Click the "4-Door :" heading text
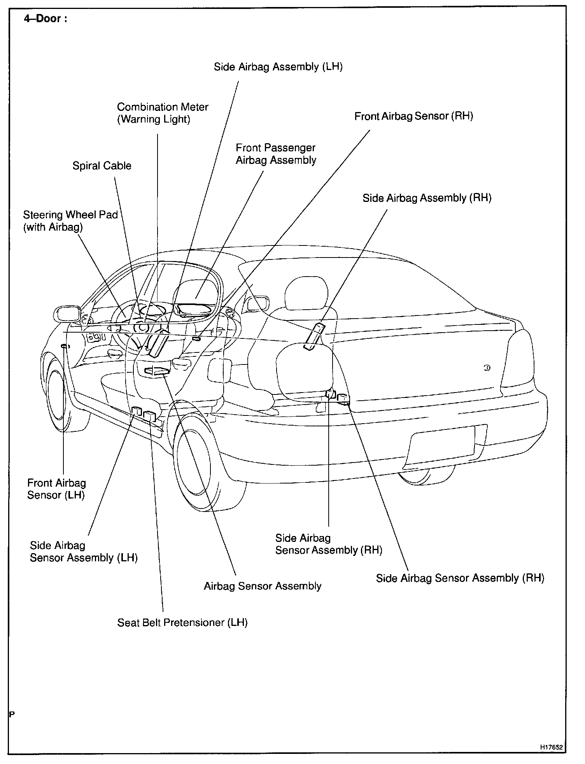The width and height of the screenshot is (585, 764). [x=45, y=19]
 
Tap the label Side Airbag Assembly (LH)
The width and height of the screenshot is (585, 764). [x=278, y=67]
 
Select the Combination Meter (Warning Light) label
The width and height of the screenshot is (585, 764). [x=163, y=113]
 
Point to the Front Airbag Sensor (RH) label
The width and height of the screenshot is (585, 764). [x=413, y=116]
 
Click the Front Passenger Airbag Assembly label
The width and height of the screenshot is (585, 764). [x=276, y=154]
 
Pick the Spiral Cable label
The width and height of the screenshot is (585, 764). [x=102, y=166]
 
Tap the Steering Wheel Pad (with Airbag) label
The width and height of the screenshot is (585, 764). [x=70, y=221]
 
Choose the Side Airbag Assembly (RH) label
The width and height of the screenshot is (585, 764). [x=427, y=198]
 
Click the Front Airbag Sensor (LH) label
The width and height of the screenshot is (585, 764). [x=56, y=489]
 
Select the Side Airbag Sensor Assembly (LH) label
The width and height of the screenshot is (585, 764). [x=84, y=552]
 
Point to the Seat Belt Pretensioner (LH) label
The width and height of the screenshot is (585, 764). [x=182, y=622]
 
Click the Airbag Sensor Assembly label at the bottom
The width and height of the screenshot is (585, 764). [x=263, y=586]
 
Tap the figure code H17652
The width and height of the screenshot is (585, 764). [x=551, y=747]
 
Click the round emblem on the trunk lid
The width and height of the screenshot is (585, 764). [x=487, y=368]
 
